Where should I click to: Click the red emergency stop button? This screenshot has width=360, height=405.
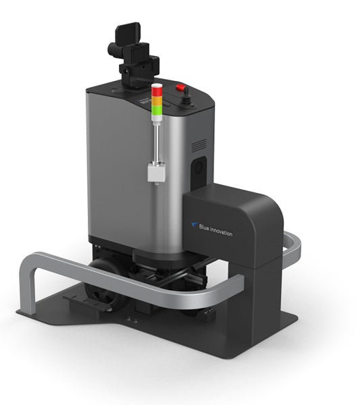pyautogui.click(x=180, y=87)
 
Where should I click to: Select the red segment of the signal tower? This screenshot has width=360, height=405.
pyautogui.click(x=157, y=91)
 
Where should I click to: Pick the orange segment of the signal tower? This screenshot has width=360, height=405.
pyautogui.click(x=157, y=101)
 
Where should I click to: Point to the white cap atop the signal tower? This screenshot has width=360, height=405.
pyautogui.click(x=157, y=85)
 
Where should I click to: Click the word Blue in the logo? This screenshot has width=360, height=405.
pyautogui.click(x=204, y=227)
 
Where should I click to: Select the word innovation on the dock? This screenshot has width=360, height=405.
pyautogui.click(x=222, y=232)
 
